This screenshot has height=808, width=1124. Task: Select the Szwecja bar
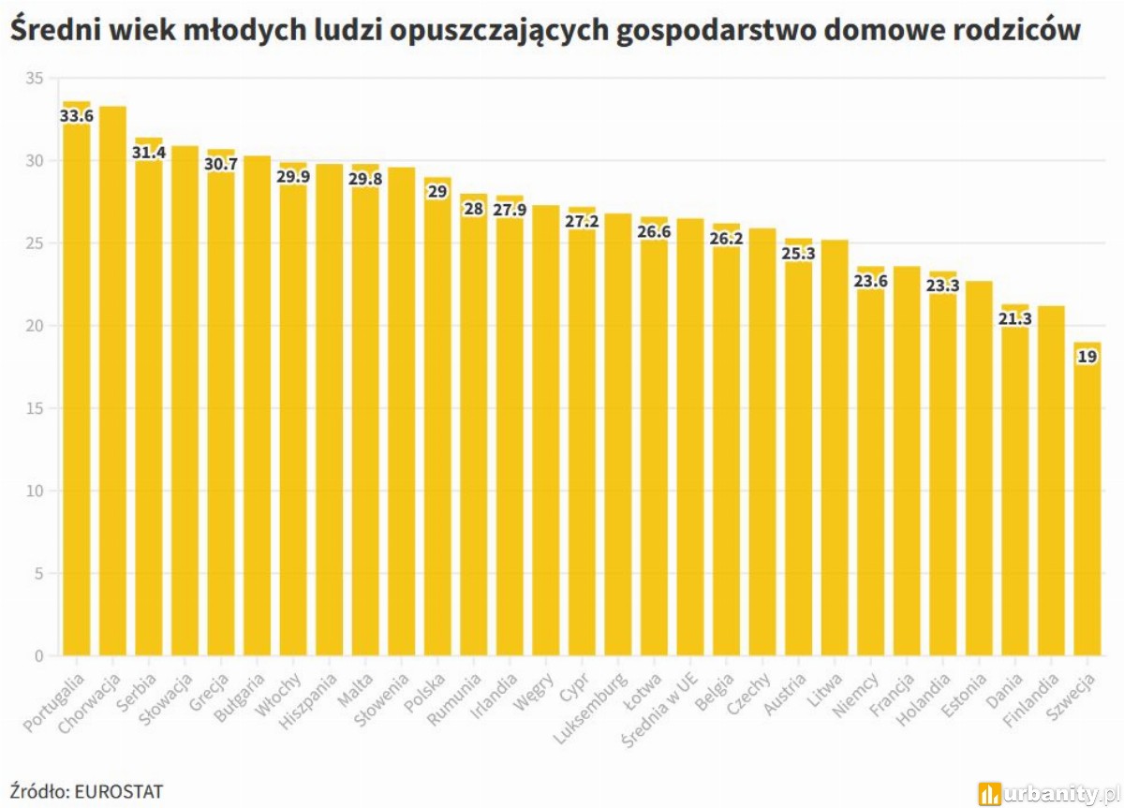coord(1087,506)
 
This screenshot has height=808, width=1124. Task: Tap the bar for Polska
coord(437,421)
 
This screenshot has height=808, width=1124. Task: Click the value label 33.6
coord(76,116)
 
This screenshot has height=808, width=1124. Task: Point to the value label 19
coord(1087,357)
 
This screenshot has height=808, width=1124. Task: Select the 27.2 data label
coord(582,222)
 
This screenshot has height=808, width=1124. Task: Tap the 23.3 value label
coord(942,286)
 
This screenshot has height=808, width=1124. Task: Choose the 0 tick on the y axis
coord(38,655)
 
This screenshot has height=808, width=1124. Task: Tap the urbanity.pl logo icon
coord(989,794)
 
